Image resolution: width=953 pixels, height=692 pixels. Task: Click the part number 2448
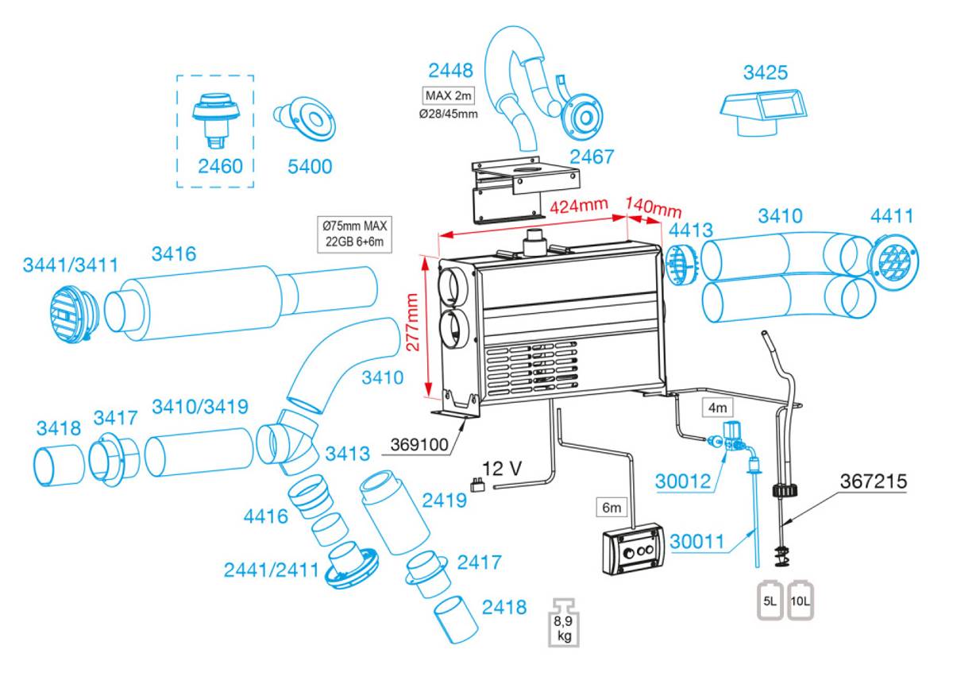(x=450, y=72)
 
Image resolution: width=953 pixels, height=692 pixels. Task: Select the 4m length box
(x=717, y=408)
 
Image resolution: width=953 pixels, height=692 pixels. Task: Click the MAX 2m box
(x=449, y=96)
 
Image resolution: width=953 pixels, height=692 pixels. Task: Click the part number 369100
(x=419, y=443)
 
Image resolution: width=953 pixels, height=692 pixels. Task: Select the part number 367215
(x=874, y=481)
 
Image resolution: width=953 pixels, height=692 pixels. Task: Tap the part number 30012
(x=682, y=481)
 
